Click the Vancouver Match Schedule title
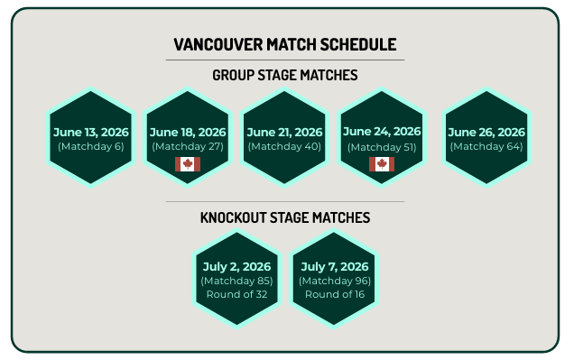pos(284,44)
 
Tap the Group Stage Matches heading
pos(284,75)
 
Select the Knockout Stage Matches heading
pos(284,217)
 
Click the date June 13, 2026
pos(90,132)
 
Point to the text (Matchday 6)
pos(90,146)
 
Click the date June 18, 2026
pos(188,132)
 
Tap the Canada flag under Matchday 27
pos(188,163)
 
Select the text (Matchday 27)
pos(188,146)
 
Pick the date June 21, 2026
pos(284,132)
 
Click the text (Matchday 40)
pos(284,146)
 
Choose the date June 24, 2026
pos(382,132)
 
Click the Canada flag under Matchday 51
pos(382,163)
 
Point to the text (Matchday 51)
pos(382,146)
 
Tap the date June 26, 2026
pos(486,132)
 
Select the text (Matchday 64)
pos(486,146)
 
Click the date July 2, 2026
pos(236,267)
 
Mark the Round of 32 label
pos(236,294)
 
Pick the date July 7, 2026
pos(334,267)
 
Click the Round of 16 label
pos(334,294)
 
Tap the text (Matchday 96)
pos(334,281)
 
